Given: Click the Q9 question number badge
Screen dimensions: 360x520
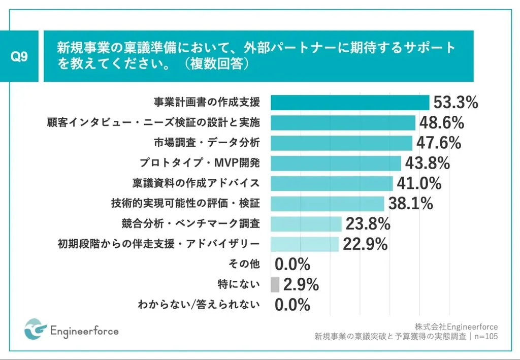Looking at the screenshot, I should pos(20,57).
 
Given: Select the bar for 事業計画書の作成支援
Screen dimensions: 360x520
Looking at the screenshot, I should pos(350,103).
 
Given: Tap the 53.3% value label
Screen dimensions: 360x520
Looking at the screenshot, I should pos(456,103).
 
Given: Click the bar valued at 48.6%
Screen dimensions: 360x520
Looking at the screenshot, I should pos(343,123).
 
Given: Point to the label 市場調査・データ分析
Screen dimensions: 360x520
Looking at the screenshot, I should pos(207,143).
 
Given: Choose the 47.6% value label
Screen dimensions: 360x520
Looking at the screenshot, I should pos(438,143).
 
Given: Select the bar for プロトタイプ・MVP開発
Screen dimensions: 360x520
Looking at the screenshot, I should pos(336,163).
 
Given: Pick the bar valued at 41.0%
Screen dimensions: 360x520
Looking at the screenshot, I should pos(332,183).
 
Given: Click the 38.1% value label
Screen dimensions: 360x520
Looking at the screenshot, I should pos(410,204).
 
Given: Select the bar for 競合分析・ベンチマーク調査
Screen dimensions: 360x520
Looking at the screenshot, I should pos(306,224).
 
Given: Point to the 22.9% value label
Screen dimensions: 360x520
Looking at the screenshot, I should pos(365,244).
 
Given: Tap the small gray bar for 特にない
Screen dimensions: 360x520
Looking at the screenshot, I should pos(275,285).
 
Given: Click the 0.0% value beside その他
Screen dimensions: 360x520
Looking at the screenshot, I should pos(292,265).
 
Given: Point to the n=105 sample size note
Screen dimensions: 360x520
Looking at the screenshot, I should pos(485,336).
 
